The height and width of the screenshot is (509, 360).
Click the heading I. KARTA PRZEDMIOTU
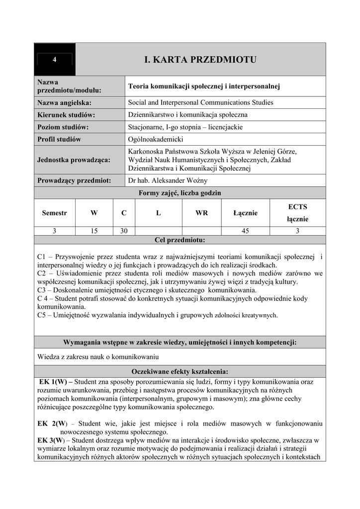coord(200,60)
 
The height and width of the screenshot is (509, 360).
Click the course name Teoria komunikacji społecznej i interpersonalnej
coord(204,86)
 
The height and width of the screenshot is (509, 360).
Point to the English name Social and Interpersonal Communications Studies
coord(200,103)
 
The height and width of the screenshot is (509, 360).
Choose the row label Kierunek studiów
coord(66,115)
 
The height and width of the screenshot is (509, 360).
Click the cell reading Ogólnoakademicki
coord(156,139)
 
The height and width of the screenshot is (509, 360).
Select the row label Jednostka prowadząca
coord(74,160)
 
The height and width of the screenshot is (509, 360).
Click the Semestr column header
coord(54,213)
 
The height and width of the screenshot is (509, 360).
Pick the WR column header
coord(201,213)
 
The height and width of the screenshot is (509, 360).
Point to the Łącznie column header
coord(245,213)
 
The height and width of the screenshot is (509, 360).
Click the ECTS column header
coord(298,207)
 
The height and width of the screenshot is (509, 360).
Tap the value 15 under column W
coord(94,231)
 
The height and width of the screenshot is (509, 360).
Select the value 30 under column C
coord(124,231)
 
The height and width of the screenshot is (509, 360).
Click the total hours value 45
coord(245,231)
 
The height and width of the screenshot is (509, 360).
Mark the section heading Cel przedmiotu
coord(180,240)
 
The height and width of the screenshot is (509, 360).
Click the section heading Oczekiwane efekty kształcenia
coord(180,371)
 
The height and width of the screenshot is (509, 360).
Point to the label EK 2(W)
coord(52,424)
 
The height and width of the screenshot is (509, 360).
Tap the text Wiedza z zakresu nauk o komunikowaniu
coord(98,356)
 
